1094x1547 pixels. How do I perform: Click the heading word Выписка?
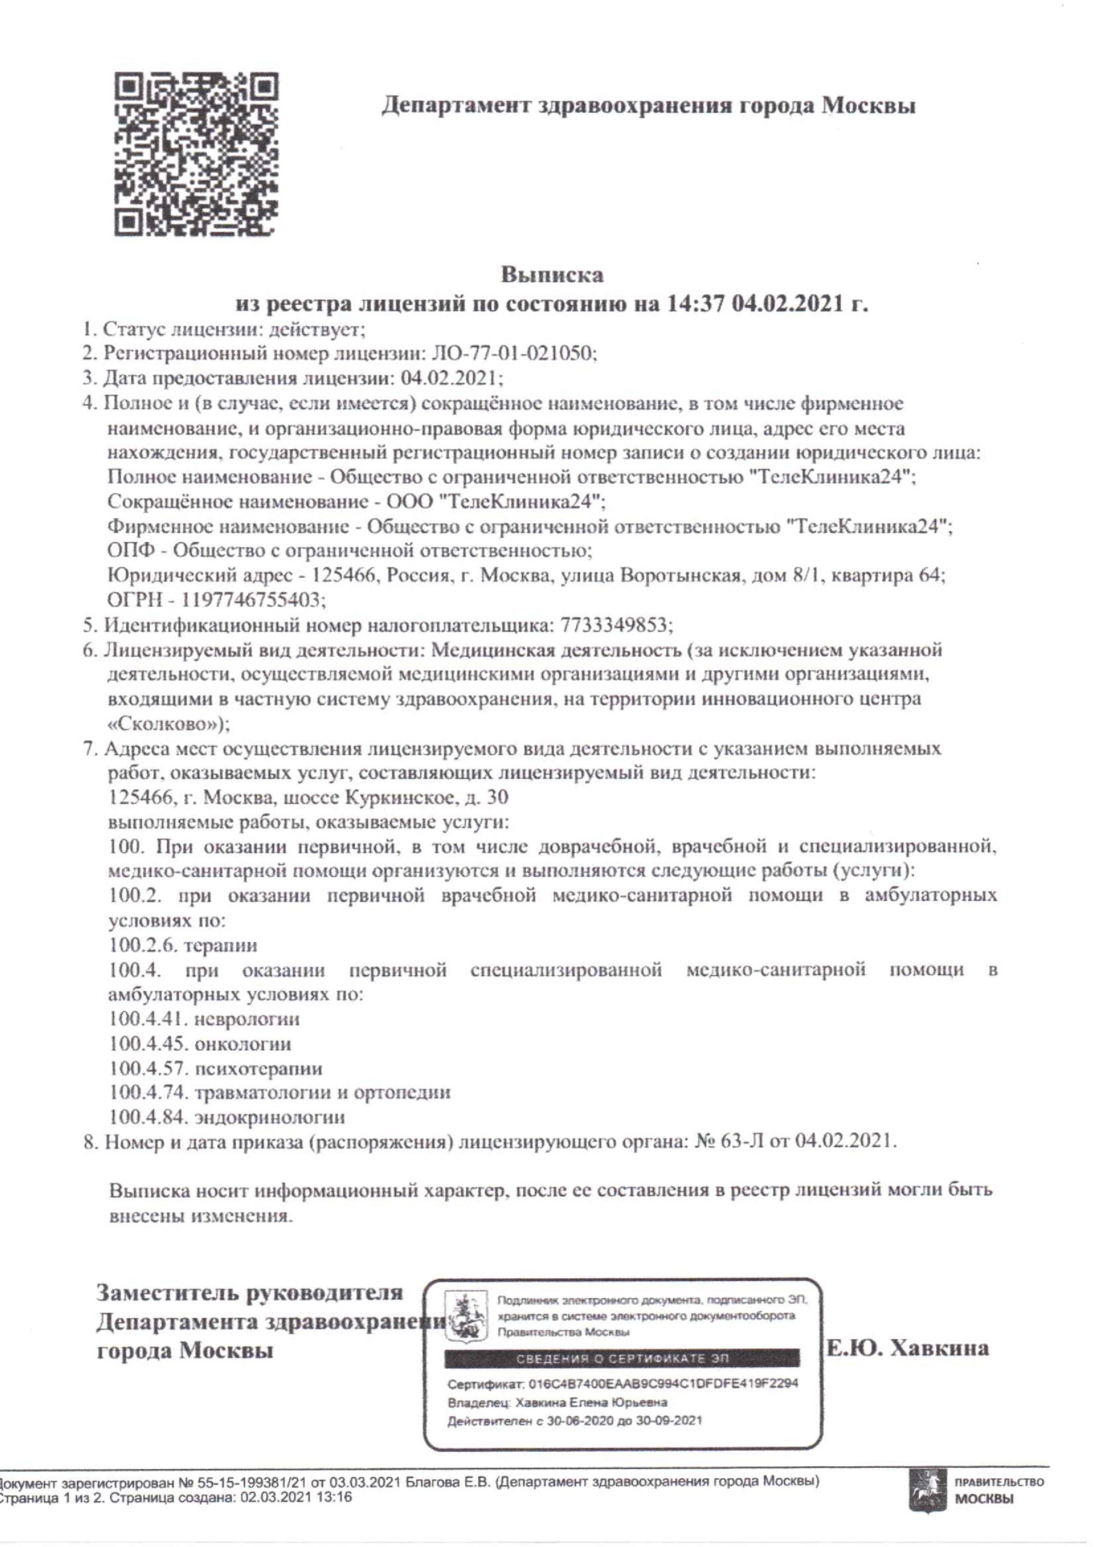point(552,275)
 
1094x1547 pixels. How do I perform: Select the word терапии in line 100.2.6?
point(220,945)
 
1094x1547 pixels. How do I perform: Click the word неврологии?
point(246,1019)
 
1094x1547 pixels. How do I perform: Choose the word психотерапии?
point(258,1068)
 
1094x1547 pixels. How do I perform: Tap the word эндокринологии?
point(269,1118)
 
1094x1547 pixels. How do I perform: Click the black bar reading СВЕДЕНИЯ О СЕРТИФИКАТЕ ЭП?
point(622,1358)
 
